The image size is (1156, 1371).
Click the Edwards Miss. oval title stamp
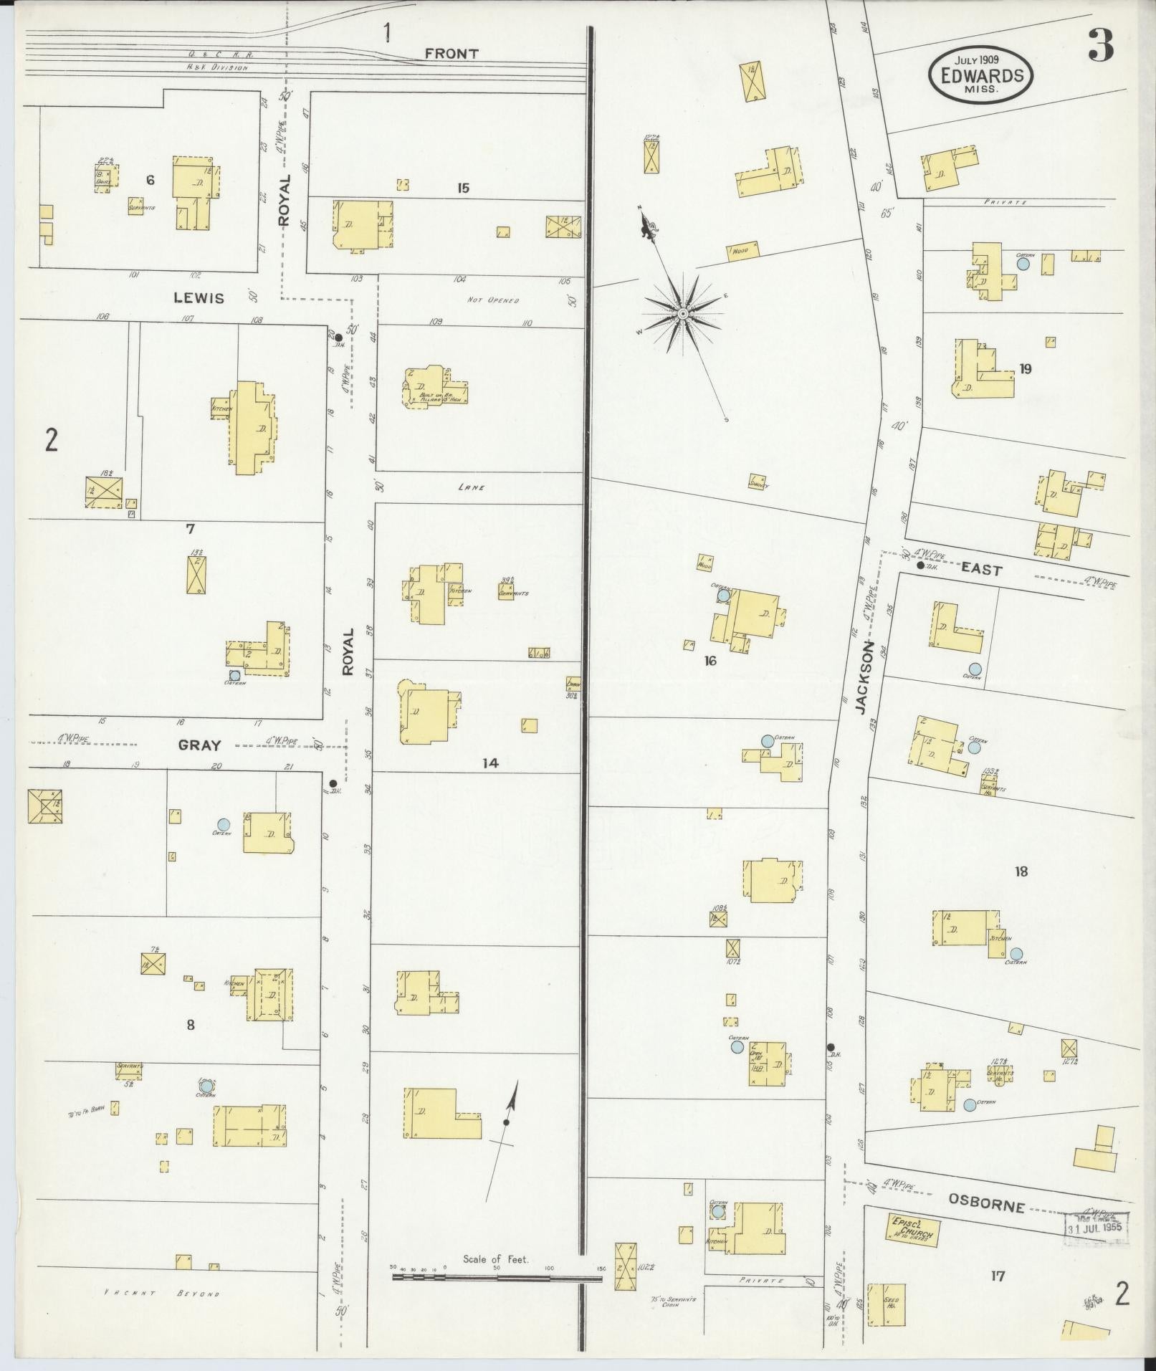(981, 75)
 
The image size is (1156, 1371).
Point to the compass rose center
(682, 314)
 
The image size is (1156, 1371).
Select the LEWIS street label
(198, 298)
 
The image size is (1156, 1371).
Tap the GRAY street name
(199, 745)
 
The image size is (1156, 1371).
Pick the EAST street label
(981, 570)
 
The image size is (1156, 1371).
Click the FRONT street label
(451, 54)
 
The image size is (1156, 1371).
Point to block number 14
(489, 763)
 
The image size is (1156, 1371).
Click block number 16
(710, 661)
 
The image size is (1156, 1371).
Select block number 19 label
(1026, 369)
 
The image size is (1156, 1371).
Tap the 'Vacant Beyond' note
(161, 1294)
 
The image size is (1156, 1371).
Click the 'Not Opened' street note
(492, 300)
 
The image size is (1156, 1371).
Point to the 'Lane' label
(472, 487)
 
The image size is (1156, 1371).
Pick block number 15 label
(463, 188)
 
